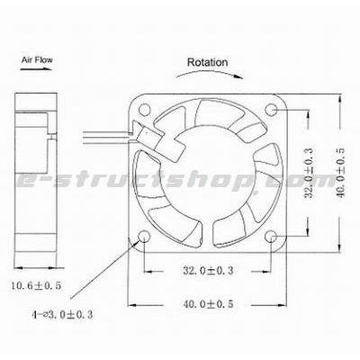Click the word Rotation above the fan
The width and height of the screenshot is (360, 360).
pyautogui.click(x=207, y=63)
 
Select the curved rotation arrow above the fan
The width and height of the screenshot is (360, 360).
pyautogui.click(x=207, y=78)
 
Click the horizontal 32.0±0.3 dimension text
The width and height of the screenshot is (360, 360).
pyautogui.click(x=208, y=269)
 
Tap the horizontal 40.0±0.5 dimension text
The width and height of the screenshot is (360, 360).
pyautogui.click(x=208, y=306)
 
